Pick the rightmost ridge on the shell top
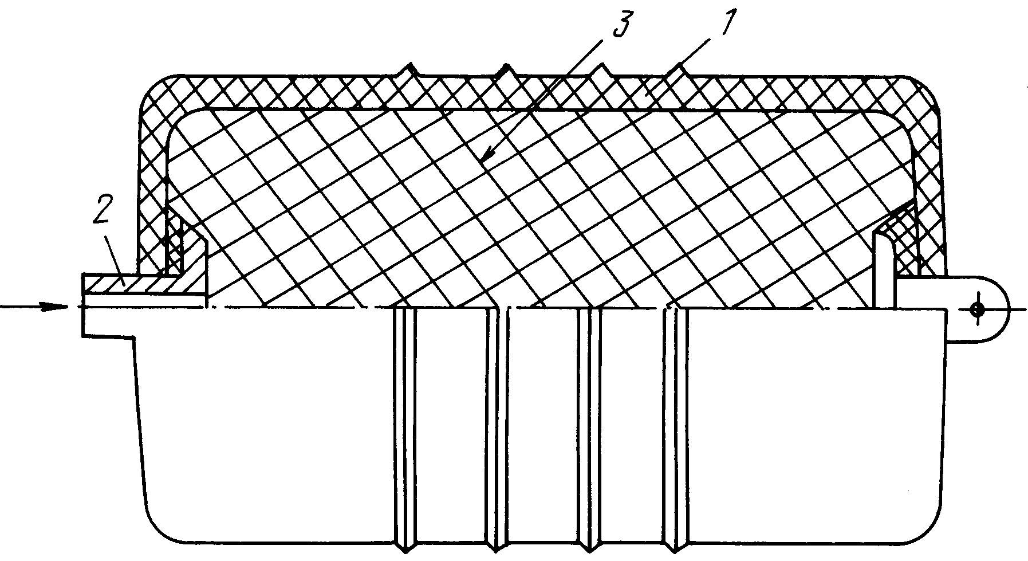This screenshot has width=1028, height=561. (680, 69)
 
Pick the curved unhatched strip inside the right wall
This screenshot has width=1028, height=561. (884, 258)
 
